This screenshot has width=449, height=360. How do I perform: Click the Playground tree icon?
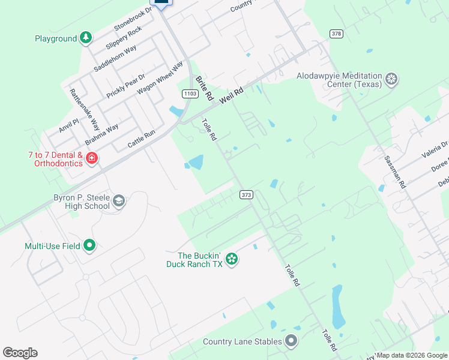86,38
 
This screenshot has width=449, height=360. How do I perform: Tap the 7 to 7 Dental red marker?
92,158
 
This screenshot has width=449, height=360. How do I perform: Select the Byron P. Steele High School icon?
118,201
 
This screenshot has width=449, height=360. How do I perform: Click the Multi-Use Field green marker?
89,245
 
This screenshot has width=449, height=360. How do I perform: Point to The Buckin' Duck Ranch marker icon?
232,259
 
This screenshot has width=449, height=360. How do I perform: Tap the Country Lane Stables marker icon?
291,341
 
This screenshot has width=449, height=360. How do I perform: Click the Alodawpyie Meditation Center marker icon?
391,79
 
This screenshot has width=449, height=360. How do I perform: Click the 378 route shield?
336,34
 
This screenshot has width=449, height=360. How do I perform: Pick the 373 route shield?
246,194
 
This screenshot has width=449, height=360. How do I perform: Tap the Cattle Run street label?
142,140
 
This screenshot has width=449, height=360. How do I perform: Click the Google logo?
20,353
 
